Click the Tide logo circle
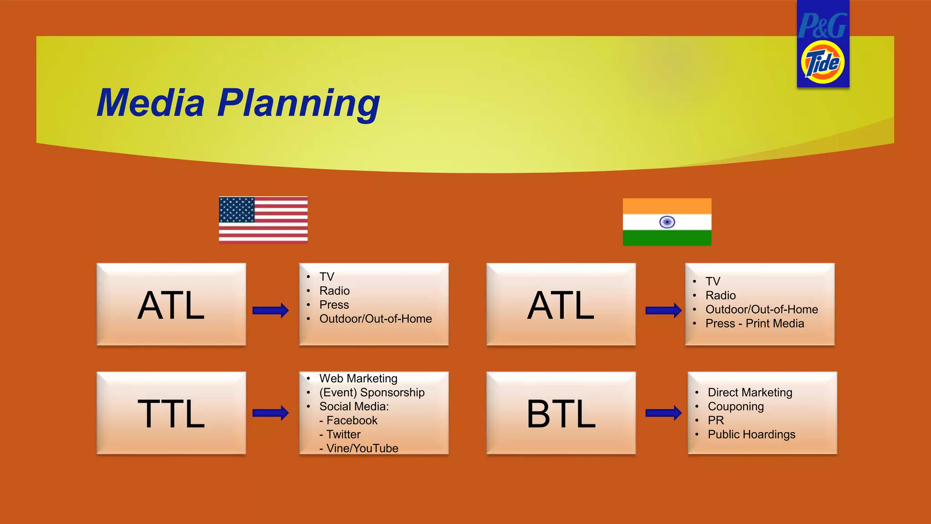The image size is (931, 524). coord(822,62)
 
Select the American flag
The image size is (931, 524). coord(263,220)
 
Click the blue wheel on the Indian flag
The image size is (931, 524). coord(667,222)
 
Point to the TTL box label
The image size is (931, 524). coord(171,413)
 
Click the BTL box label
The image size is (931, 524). coord(561,413)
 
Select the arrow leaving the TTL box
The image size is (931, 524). coord(270,413)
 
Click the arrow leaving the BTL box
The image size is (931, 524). coord(663,413)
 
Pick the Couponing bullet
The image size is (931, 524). coord(736,406)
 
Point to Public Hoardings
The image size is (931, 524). coord(751,434)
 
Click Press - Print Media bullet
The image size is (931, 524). coord(755,323)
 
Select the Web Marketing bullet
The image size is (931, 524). coord(358,378)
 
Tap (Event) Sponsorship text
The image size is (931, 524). coord(372,393)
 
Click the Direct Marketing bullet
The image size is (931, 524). coord(750,393)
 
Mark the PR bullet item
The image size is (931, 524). coord(716,420)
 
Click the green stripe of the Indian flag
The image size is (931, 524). coord(667,238)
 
